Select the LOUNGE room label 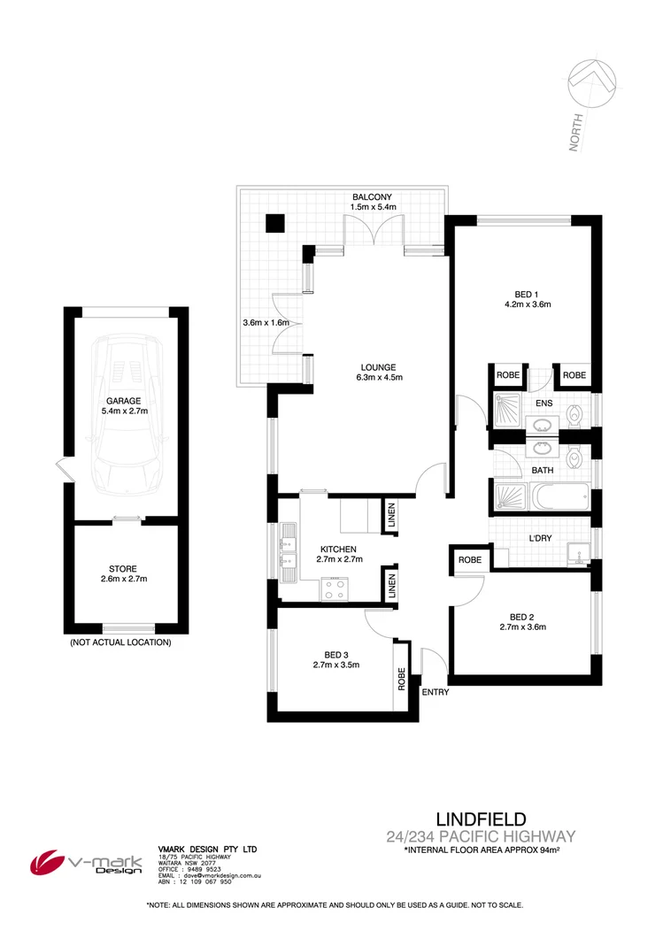tap(377, 367)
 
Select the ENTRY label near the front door tap(435, 692)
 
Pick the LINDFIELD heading tap(482, 819)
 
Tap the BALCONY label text tap(373, 196)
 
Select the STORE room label tap(124, 568)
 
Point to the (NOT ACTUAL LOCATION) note tap(120, 643)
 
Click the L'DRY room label tap(541, 539)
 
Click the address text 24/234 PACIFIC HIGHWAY tap(481, 835)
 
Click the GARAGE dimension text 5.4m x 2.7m tap(126, 411)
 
